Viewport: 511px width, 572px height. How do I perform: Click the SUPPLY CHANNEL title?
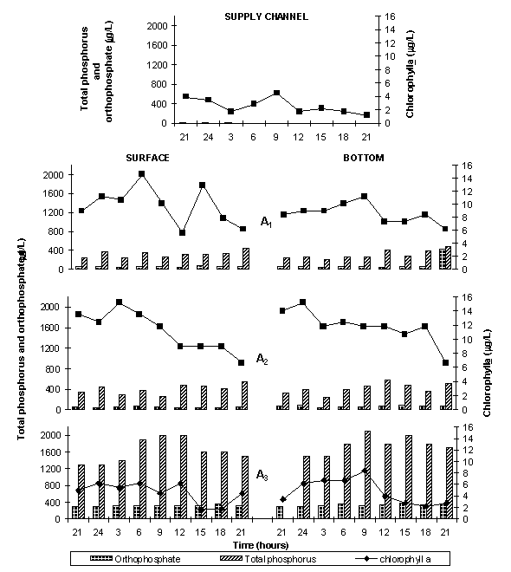[x=267, y=16]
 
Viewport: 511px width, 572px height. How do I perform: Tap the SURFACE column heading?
[x=147, y=158]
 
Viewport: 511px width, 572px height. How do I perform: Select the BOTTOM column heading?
[x=364, y=158]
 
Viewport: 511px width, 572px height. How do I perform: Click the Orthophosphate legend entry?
[x=135, y=559]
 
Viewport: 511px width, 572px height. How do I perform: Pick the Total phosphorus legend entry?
[x=268, y=559]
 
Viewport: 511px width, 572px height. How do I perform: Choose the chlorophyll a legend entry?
[x=393, y=559]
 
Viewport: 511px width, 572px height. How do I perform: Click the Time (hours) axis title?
[x=261, y=545]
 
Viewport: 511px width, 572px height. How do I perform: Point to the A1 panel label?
[x=266, y=222]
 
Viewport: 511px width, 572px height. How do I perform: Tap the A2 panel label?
[x=262, y=359]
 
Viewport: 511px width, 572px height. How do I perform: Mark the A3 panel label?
[x=262, y=475]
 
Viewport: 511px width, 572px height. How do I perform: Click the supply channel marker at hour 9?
[x=276, y=93]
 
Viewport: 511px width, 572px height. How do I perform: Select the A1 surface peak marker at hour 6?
[x=142, y=174]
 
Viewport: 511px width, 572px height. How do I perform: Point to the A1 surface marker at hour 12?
[x=183, y=232]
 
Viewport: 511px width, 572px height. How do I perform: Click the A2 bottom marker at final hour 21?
[x=445, y=362]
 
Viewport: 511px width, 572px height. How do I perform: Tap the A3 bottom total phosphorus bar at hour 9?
[x=368, y=475]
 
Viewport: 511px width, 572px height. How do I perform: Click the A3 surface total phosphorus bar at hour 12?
[x=184, y=477]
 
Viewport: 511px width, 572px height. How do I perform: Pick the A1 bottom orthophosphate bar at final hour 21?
[x=442, y=259]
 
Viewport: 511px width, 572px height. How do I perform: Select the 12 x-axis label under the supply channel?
[x=298, y=137]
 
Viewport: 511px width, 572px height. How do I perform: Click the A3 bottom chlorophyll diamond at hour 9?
[x=365, y=471]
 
